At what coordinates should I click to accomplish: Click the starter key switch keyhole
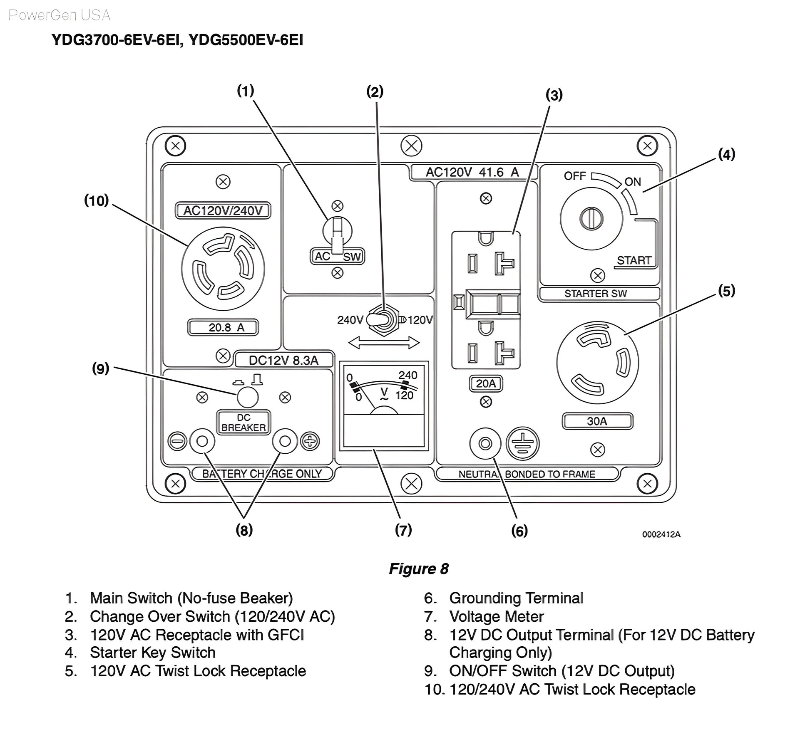click(591, 218)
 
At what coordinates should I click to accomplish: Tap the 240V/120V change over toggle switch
click(383, 320)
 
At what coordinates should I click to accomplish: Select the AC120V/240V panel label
click(223, 210)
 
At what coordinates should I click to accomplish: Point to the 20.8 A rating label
click(224, 328)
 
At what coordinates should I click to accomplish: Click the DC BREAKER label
click(243, 423)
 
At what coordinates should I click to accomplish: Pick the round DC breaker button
click(248, 397)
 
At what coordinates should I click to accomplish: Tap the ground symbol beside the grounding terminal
click(522, 443)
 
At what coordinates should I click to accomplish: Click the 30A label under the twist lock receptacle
click(597, 421)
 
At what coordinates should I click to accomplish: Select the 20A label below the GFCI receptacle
click(486, 383)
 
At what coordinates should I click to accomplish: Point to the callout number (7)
click(403, 530)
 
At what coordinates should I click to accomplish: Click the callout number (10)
click(97, 200)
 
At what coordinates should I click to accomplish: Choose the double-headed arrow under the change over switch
click(384, 343)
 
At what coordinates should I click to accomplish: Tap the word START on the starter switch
click(634, 260)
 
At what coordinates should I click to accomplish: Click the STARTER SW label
click(596, 294)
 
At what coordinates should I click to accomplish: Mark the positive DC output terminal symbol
click(311, 442)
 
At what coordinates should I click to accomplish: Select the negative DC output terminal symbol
click(177, 442)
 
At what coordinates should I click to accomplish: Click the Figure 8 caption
click(419, 569)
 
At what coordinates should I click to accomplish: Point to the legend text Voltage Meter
click(497, 617)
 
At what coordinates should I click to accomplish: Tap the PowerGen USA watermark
click(60, 15)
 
